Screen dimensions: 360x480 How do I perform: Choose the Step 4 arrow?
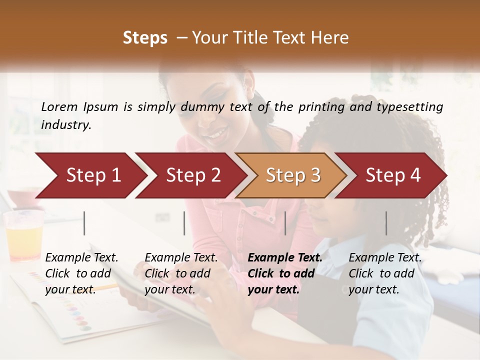point(392,175)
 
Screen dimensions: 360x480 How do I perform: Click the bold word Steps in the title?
point(145,37)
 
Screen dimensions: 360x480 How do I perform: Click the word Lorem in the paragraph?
point(59,106)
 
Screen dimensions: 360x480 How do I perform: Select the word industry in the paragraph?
point(66,124)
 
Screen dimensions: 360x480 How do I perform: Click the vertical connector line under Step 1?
point(84,223)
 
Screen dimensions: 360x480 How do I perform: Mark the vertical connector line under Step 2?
point(184,223)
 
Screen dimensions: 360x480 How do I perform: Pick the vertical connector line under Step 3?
point(285,223)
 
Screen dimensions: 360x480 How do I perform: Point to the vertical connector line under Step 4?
point(386,223)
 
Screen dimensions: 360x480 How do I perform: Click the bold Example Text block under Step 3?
point(285,273)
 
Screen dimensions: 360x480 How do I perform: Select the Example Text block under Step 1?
point(81,273)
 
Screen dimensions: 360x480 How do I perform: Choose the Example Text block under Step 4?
point(385,273)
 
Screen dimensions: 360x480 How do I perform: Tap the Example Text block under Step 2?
point(181,273)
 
